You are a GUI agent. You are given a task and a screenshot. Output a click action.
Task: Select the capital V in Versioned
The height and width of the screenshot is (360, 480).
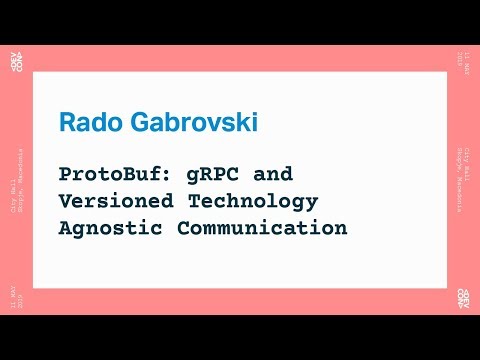[x=66, y=201]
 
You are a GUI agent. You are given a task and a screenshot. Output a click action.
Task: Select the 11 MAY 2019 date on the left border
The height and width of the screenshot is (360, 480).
[x=16, y=299]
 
